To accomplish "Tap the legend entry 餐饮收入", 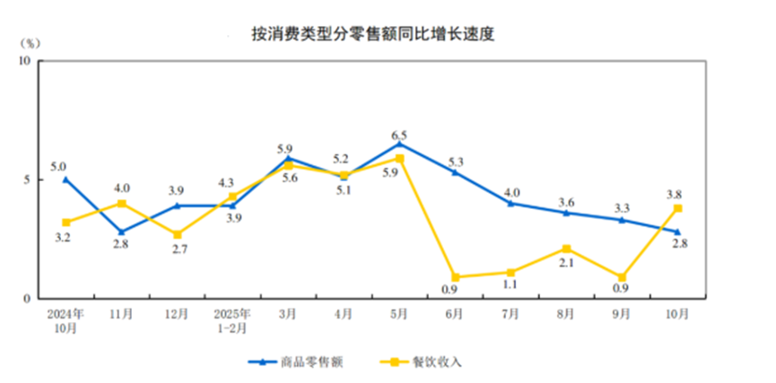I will click(x=437, y=361).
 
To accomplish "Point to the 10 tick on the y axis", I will click(x=24, y=61).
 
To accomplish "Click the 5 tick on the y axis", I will click(x=27, y=179).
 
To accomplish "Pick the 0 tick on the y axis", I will click(x=27, y=298).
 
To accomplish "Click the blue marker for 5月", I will click(x=399, y=144).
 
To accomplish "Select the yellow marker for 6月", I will click(x=455, y=277).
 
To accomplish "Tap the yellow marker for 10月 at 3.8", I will click(x=678, y=208).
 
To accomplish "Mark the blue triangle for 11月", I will click(x=122, y=231).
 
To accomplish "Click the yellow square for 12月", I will click(x=178, y=234).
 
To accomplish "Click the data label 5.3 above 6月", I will click(x=455, y=161).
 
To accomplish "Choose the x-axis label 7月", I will click(x=510, y=315).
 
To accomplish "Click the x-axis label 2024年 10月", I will click(x=65, y=321).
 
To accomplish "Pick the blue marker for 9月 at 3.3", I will click(x=623, y=220).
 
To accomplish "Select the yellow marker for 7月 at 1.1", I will click(x=510, y=272).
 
